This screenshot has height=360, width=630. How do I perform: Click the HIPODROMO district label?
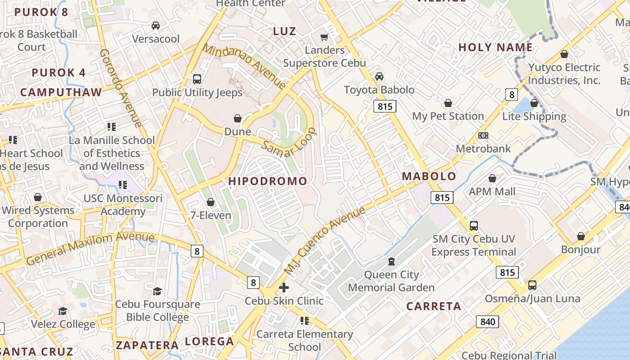268,181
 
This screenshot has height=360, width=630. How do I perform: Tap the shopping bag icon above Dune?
238,119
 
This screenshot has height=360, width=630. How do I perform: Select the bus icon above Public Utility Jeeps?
197,79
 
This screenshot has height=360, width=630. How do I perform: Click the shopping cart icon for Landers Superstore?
324,37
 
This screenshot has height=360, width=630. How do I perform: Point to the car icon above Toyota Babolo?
379,76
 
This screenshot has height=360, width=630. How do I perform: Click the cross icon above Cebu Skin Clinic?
284,288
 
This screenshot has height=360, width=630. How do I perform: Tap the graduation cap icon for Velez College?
63,311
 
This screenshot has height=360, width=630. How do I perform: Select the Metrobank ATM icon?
483,135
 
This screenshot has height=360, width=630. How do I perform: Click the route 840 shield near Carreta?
487,322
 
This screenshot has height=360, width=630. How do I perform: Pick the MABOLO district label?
429,176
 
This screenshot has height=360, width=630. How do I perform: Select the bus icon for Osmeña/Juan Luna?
532,285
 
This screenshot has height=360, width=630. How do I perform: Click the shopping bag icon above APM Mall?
492,179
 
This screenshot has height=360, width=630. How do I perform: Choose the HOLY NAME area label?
495,47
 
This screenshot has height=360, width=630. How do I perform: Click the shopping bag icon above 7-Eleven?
210,202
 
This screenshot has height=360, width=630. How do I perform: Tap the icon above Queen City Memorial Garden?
391,261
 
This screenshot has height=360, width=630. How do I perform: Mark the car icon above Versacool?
156,26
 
